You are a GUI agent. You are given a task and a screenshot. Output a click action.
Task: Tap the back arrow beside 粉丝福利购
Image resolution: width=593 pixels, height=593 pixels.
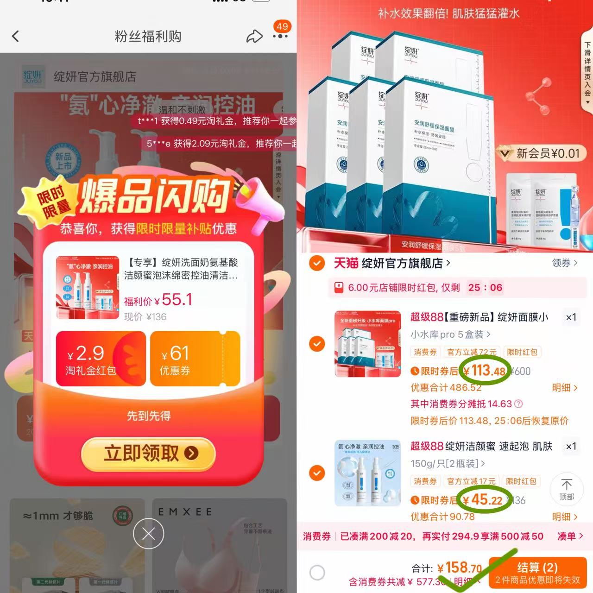tap(16, 36)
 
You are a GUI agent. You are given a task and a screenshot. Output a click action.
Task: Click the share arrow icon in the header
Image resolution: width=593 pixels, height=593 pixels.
tap(254, 37)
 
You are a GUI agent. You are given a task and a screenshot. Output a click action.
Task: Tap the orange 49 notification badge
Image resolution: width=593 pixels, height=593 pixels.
tap(282, 27)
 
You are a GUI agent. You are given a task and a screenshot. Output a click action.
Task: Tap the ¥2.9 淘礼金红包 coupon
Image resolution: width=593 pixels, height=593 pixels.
tap(101, 359)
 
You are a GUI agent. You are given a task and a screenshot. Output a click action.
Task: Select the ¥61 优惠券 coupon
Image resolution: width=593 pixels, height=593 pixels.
tap(195, 359)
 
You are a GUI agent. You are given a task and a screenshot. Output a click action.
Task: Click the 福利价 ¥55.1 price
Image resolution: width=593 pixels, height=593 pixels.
tap(158, 300)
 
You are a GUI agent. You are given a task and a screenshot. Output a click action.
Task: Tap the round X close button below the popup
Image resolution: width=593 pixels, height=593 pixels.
tap(148, 534)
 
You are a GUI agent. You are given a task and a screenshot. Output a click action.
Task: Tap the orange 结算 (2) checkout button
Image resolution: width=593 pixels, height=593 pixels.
tap(537, 573)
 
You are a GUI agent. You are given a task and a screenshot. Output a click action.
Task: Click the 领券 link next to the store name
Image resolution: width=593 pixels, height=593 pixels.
tap(564, 263)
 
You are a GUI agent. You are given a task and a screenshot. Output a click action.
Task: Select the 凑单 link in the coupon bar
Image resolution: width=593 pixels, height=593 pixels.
tap(569, 536)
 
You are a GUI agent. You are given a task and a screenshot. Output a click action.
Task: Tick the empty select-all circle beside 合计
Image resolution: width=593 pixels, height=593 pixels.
tap(317, 573)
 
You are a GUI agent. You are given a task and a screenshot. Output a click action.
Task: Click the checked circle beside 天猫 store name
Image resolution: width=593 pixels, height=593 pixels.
tap(317, 263)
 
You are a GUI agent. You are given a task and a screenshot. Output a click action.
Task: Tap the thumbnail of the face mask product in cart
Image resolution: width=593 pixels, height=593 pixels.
tap(368, 344)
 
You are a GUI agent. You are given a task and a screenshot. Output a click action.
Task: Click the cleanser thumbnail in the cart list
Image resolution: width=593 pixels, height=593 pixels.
tap(368, 473)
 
